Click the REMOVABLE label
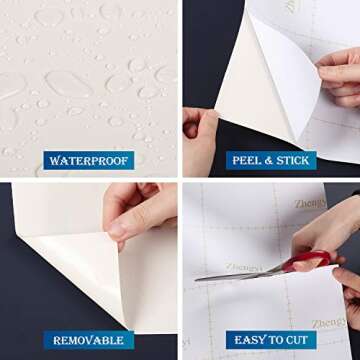(x=90, y=340)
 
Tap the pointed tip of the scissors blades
(x=197, y=278)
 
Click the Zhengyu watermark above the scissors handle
(x=310, y=204)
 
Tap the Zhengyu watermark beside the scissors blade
(x=246, y=267)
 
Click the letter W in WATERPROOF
(x=53, y=160)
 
